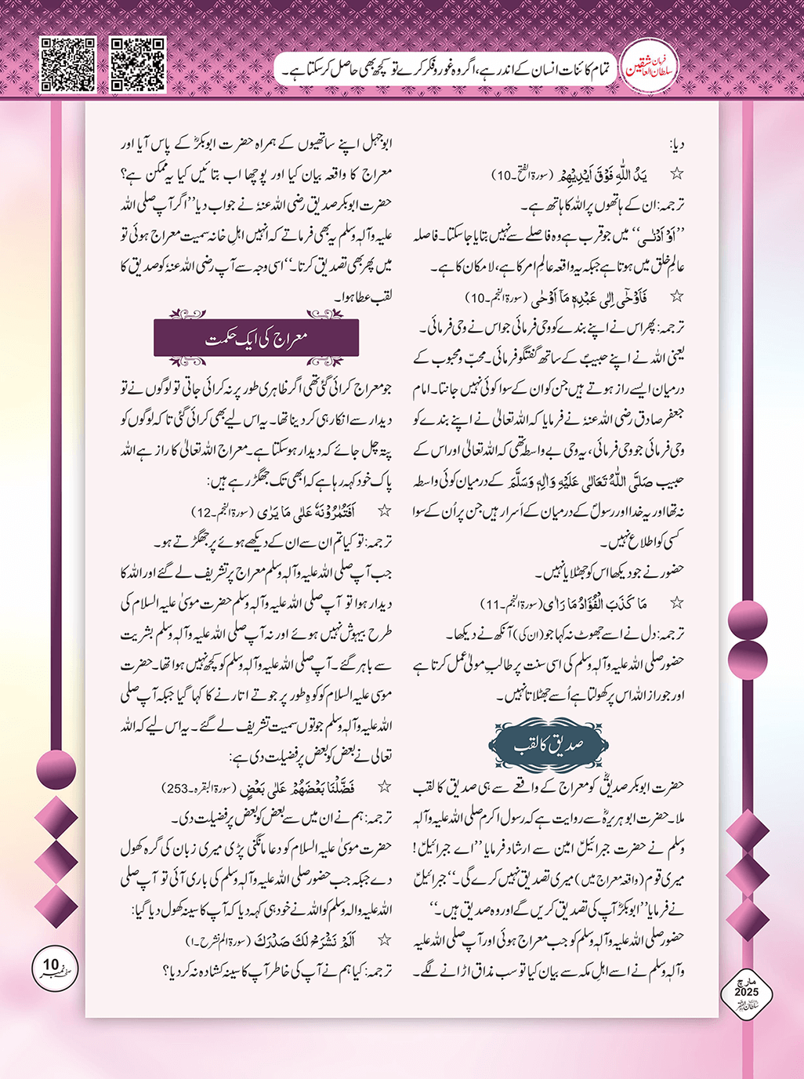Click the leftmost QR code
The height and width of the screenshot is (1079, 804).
[x=67, y=64]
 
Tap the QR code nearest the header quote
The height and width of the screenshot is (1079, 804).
[x=138, y=64]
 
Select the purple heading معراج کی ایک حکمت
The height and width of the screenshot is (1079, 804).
[x=257, y=339]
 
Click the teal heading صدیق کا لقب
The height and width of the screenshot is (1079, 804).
[x=549, y=745]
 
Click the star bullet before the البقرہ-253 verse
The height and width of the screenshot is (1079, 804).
[x=384, y=786]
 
